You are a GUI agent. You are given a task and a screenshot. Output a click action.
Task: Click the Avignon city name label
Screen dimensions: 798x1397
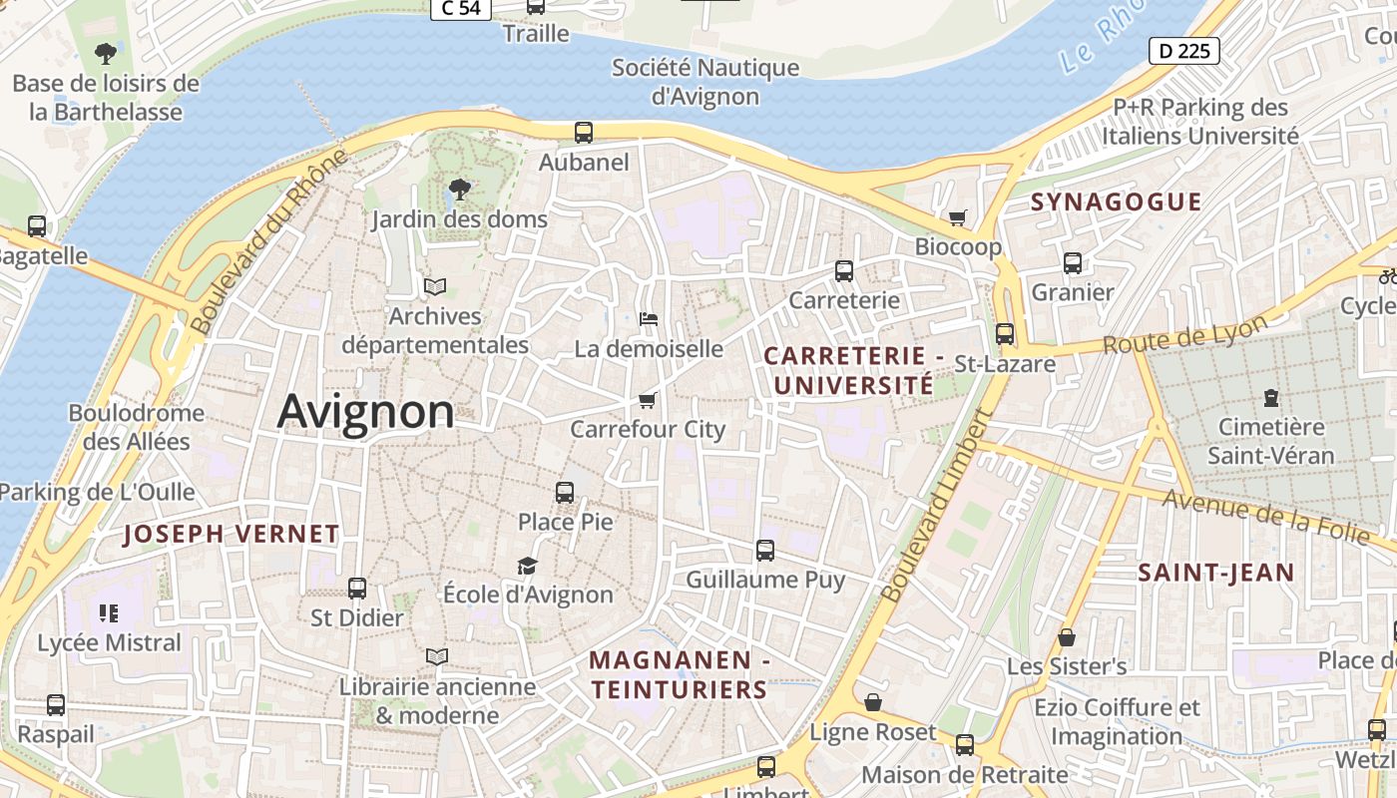(x=365, y=411)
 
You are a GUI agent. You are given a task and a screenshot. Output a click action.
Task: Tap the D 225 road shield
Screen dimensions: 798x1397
(x=1184, y=51)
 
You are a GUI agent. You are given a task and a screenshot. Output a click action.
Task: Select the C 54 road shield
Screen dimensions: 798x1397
(x=460, y=8)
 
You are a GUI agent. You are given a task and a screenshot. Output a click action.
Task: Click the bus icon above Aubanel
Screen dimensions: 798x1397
(x=584, y=132)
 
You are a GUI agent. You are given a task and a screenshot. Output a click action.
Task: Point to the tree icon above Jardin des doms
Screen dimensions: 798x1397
(x=459, y=189)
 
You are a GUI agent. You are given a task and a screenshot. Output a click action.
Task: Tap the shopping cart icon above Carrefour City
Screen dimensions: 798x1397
(x=648, y=400)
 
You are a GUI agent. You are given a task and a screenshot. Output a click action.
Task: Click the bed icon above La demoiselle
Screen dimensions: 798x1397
(x=649, y=319)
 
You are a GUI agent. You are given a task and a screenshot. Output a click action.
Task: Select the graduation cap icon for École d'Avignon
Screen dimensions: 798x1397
(x=527, y=566)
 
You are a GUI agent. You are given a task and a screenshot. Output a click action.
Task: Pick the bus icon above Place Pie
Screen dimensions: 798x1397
(x=565, y=492)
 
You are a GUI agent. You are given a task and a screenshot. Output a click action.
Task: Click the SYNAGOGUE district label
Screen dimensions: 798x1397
(x=1116, y=202)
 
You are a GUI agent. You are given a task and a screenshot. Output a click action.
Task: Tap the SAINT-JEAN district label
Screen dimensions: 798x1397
(x=1216, y=574)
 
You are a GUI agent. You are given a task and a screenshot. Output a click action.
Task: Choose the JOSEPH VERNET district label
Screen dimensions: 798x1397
(x=232, y=535)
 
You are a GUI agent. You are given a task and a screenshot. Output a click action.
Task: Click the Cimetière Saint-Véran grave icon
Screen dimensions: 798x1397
(x=1270, y=398)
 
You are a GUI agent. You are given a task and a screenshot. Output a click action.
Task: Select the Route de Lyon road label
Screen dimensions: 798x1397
(x=1184, y=335)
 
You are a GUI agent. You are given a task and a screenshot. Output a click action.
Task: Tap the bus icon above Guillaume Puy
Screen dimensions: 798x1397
(x=765, y=550)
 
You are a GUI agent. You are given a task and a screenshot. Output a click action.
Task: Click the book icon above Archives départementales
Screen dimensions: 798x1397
(x=434, y=287)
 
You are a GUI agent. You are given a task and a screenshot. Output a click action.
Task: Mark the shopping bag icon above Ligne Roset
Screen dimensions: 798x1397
(x=873, y=702)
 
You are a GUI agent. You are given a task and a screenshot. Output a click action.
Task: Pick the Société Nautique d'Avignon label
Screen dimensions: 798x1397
(x=705, y=82)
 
